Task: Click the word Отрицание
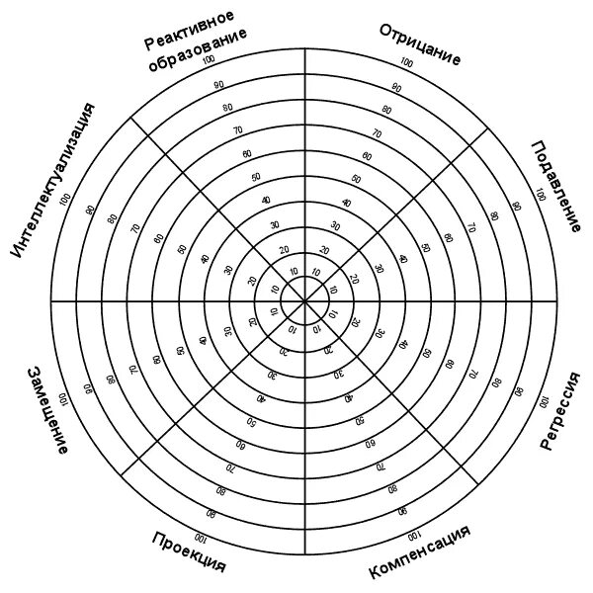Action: (x=420, y=43)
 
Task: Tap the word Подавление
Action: (x=555, y=187)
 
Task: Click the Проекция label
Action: (x=189, y=552)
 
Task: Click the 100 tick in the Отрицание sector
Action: (x=406, y=63)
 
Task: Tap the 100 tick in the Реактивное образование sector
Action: (x=208, y=61)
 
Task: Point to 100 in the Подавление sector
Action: (x=540, y=195)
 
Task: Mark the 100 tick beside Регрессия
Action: (x=542, y=403)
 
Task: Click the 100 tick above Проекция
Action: (x=202, y=540)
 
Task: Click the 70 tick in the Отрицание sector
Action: (x=376, y=132)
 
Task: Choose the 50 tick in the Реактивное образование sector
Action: (x=256, y=177)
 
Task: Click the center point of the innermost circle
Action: (x=303, y=299)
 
